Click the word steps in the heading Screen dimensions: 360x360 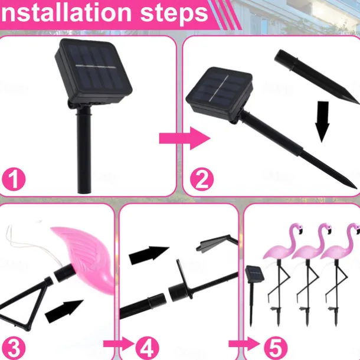[174, 14]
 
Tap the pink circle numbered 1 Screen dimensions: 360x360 [14, 179]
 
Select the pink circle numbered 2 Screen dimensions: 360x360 [202, 179]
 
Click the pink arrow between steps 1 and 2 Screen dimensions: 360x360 [185, 139]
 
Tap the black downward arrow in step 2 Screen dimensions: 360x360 [322, 122]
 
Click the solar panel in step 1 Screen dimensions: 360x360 [93, 71]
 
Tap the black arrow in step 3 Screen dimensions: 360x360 [64, 311]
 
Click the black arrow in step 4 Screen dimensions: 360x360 [149, 255]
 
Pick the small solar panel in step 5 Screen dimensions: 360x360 [254, 274]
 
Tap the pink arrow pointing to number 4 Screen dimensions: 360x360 [119, 343]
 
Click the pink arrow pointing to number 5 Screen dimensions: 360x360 [244, 343]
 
